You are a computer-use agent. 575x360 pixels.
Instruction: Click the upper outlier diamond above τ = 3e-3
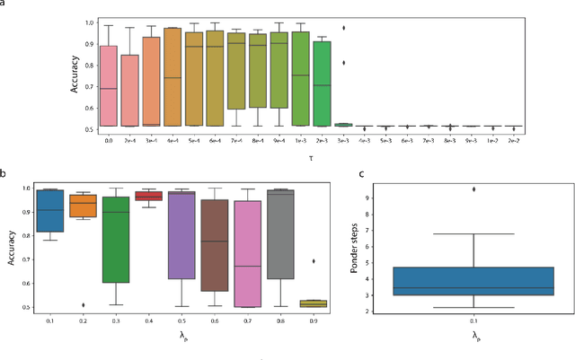pyautogui.click(x=342, y=28)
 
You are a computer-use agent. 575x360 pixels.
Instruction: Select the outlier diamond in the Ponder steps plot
pyautogui.click(x=474, y=189)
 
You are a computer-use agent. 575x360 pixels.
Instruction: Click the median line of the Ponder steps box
pyautogui.click(x=473, y=288)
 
